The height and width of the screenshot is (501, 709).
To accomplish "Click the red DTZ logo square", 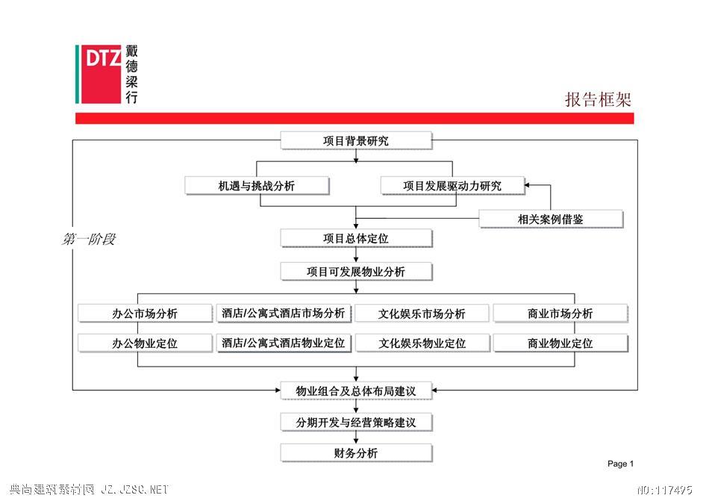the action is click(x=101, y=74).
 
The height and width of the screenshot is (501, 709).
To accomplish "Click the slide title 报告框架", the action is click(x=598, y=99).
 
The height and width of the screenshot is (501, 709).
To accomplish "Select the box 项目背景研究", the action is click(x=356, y=140).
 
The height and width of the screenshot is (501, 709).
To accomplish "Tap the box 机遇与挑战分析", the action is click(x=257, y=186).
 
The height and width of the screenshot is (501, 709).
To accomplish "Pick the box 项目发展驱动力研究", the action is click(x=452, y=186).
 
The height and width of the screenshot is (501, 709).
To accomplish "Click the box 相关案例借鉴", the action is click(x=551, y=220).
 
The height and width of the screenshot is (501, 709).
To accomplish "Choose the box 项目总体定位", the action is click(x=356, y=238).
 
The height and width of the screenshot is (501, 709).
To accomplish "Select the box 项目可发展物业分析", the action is click(x=356, y=272).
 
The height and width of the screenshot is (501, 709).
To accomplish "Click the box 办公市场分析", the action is click(x=145, y=314).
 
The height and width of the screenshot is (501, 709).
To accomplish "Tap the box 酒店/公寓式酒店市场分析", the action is click(x=284, y=314).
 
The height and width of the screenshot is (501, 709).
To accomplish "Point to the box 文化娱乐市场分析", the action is click(x=422, y=314).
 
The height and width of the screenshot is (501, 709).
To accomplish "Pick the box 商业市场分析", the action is click(x=560, y=314).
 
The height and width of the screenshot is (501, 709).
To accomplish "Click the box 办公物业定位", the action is click(x=145, y=343).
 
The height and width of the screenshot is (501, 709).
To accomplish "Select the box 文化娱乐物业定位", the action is click(x=422, y=343).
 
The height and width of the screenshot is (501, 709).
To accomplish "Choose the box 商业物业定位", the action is click(x=560, y=343).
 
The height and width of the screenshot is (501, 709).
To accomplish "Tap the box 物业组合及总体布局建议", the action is click(x=356, y=391).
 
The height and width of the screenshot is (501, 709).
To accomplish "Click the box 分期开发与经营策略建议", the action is click(x=356, y=423).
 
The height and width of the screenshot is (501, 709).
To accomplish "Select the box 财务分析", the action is click(x=356, y=453).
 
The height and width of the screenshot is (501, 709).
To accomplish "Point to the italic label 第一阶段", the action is click(x=89, y=239).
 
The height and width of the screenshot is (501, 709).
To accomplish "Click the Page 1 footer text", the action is click(x=620, y=464).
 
